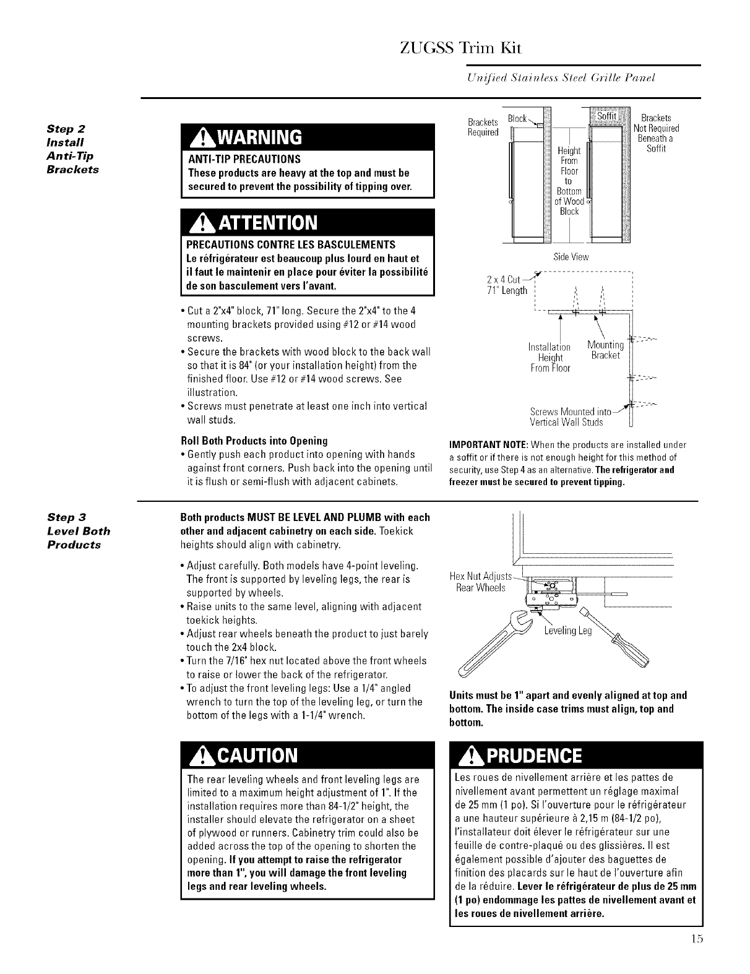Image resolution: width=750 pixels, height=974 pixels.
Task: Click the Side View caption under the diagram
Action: coord(571,257)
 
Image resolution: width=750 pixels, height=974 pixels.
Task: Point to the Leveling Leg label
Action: coord(568,631)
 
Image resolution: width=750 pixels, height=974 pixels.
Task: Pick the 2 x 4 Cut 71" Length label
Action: coord(507,285)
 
